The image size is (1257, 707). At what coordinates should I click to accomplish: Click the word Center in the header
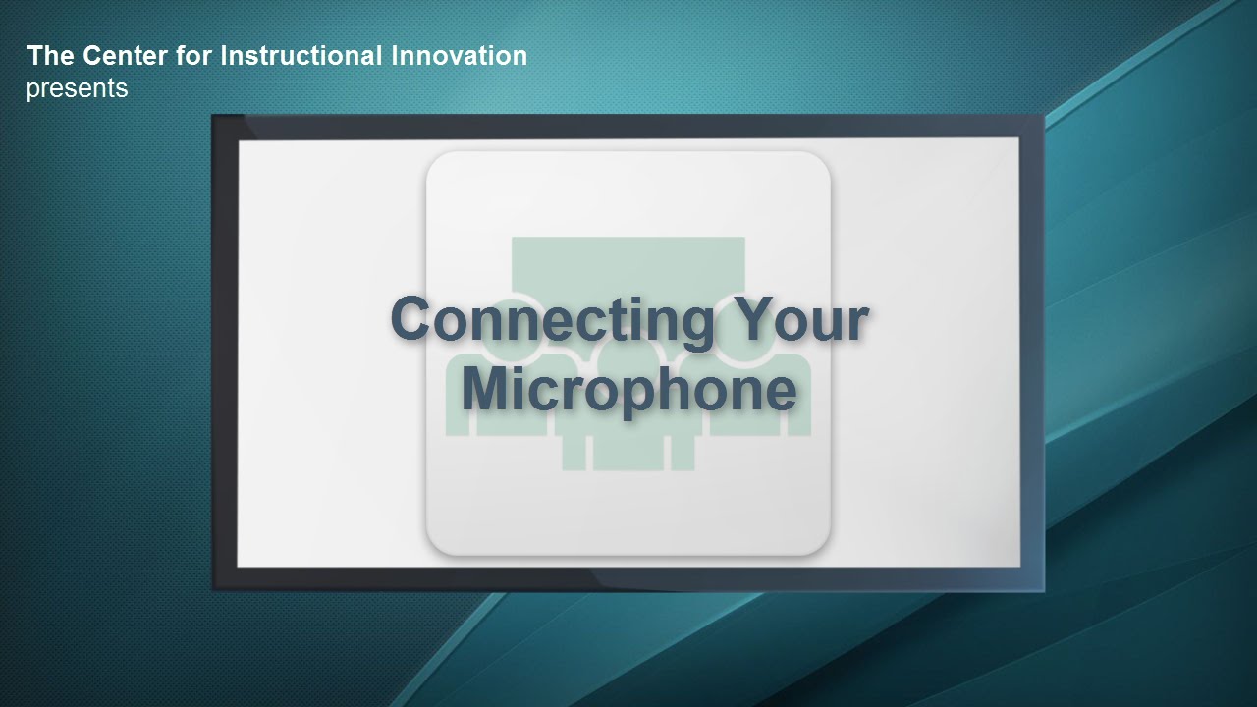pos(125,56)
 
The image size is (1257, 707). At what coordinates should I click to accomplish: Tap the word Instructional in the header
pos(301,56)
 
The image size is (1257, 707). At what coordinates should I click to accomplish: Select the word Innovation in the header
pos(459,56)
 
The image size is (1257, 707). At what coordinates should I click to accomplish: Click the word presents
pos(77,89)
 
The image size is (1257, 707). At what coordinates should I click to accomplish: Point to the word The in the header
pos(50,56)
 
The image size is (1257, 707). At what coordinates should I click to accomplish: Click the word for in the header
pos(193,56)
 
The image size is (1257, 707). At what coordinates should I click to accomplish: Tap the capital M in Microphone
pos(485,388)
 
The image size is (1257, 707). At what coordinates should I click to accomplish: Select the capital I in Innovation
pos(395,56)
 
